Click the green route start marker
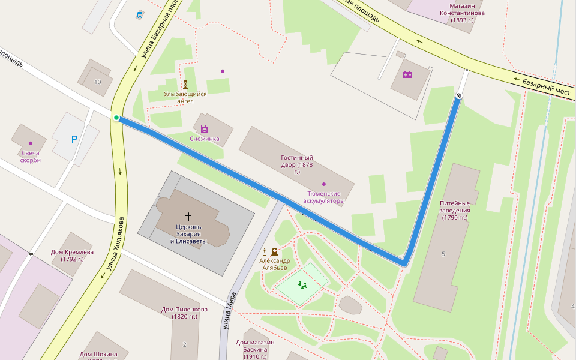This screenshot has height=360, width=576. (116, 118)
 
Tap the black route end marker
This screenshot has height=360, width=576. (460, 95)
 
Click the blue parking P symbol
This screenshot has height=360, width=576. (74, 139)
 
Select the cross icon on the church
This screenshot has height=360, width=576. (188, 216)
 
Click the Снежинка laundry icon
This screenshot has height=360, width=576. (205, 128)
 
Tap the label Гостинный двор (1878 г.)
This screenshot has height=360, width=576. (297, 164)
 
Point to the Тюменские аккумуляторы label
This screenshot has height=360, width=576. (324, 197)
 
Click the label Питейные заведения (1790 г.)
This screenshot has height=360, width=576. (455, 211)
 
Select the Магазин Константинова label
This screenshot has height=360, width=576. (462, 13)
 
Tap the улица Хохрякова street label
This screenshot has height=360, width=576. (113, 247)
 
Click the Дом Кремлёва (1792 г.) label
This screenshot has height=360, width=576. (72, 256)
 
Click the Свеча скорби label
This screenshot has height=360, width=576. (30, 157)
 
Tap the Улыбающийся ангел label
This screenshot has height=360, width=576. (185, 97)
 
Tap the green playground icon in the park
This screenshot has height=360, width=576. (302, 285)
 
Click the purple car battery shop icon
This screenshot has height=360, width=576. (407, 74)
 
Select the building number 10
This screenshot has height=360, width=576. (98, 82)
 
